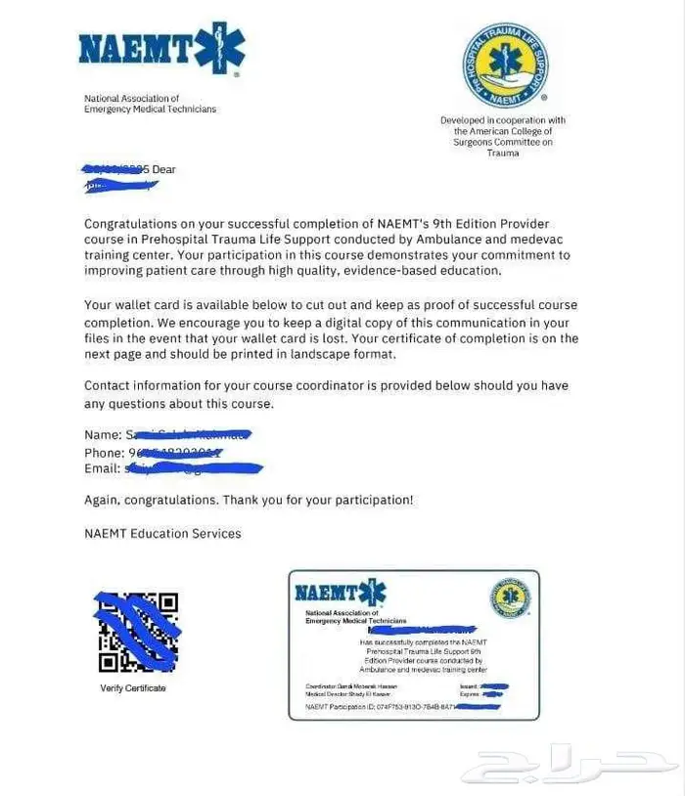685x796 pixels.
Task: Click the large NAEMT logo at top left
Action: point(160,50)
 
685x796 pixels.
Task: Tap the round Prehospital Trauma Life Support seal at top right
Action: point(504,66)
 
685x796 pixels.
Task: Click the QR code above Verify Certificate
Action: point(137,632)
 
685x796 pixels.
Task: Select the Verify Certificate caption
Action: point(133,688)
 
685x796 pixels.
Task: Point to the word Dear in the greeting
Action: point(163,169)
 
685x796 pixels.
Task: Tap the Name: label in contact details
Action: point(103,434)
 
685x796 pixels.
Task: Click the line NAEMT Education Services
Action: point(162,533)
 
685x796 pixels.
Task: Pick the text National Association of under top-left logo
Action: point(132,99)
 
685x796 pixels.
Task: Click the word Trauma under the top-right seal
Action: point(503,154)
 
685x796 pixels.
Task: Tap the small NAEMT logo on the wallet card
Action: point(340,593)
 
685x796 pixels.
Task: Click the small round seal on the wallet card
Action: point(510,598)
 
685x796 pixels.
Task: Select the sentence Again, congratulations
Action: point(152,500)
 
